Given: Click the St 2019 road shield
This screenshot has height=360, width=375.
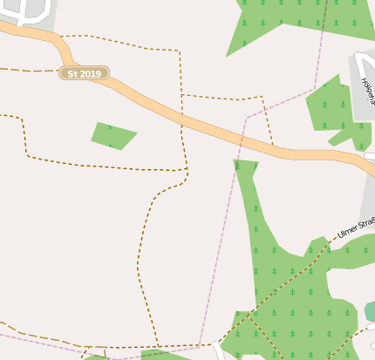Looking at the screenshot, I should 85,73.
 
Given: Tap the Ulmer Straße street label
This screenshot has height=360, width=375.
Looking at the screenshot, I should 355,228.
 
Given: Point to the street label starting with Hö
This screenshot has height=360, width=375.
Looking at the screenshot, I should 366,91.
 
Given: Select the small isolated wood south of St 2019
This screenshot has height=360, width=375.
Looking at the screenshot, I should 112,135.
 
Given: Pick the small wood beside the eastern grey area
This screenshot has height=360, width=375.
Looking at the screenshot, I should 336,109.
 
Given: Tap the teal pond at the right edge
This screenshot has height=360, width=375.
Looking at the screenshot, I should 371,311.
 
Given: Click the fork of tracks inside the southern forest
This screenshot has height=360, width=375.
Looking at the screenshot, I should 248,316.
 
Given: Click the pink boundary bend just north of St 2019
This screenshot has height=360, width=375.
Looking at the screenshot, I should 247,116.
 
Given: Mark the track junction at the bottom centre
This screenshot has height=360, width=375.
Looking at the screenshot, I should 157,347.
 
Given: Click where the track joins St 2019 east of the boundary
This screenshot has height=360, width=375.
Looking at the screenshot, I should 273,145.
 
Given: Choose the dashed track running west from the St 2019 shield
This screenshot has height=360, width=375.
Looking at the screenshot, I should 31,70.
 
